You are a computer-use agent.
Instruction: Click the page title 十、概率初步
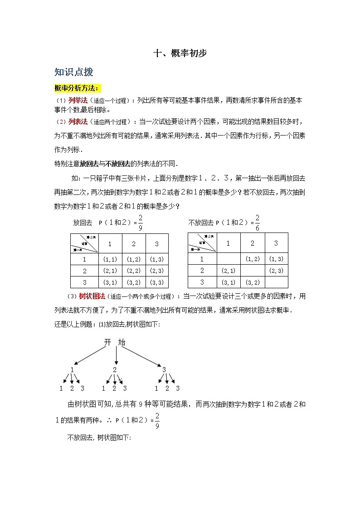180,53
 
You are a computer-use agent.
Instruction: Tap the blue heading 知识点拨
73,72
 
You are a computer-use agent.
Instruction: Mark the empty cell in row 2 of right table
253,271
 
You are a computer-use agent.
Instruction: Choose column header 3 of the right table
276,243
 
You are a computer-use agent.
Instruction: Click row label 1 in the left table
84,259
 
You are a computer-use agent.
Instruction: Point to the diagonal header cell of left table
84,243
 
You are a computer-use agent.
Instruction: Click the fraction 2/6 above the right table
258,223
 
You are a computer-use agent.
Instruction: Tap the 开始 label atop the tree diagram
114,342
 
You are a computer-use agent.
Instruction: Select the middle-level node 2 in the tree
115,369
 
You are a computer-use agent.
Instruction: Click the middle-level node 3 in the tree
164,369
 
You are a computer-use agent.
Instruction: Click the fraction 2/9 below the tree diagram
157,420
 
